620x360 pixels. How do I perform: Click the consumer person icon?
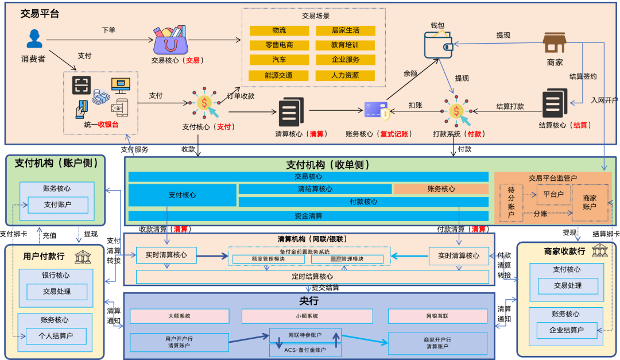pos(34,39)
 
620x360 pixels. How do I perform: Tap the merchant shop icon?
pos(554,44)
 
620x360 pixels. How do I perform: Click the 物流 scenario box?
pos(279,30)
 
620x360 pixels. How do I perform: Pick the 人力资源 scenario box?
pos(345,75)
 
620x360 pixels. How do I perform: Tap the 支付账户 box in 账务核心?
pos(57,204)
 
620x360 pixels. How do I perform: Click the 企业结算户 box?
pos(567,330)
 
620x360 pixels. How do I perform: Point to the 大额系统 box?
pos(179,316)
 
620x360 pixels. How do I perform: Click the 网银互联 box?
pos(437,316)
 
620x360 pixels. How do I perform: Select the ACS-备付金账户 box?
pos(305,350)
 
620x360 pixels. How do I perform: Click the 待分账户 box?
pos(510,203)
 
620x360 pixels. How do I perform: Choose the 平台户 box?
pos(554,194)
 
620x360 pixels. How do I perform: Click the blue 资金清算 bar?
pos(308,216)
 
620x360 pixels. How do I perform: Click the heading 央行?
pos(308,301)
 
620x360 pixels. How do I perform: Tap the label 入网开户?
pos(604,100)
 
